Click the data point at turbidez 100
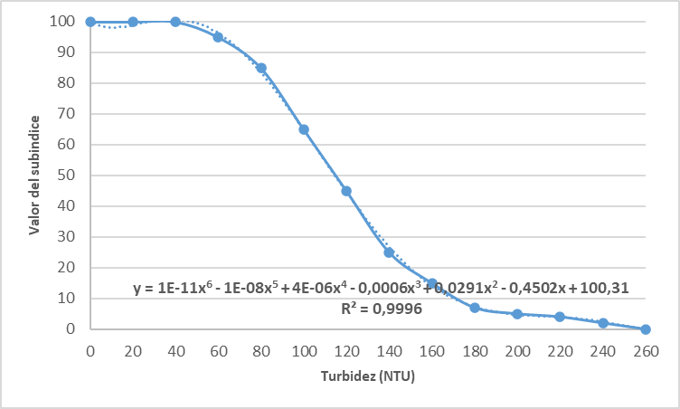tap(304, 129)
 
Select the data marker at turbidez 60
tap(218, 37)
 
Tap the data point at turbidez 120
tap(346, 191)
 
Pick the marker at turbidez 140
tap(389, 252)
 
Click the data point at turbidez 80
tap(261, 68)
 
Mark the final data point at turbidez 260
tap(646, 329)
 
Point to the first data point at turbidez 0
tap(90, 22)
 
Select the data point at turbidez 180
tap(475, 308)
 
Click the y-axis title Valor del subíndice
tap(33, 176)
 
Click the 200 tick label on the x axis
tap(517, 349)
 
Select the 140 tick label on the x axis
tap(389, 349)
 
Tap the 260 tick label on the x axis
tap(646, 349)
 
